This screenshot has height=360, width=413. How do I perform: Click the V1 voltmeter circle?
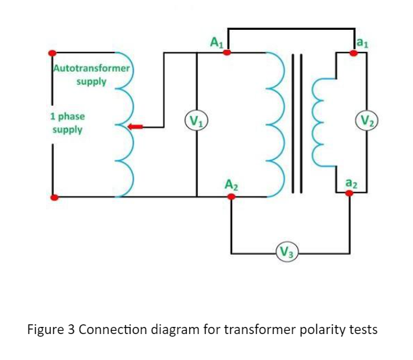[196, 121]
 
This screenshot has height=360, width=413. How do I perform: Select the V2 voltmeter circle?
[368, 121]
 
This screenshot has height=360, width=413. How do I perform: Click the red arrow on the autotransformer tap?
[136, 127]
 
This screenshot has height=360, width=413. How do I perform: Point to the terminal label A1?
[217, 42]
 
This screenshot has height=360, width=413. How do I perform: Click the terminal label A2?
[231, 185]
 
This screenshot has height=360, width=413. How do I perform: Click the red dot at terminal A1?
[226, 52]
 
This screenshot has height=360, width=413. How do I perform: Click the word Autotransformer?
[91, 69]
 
